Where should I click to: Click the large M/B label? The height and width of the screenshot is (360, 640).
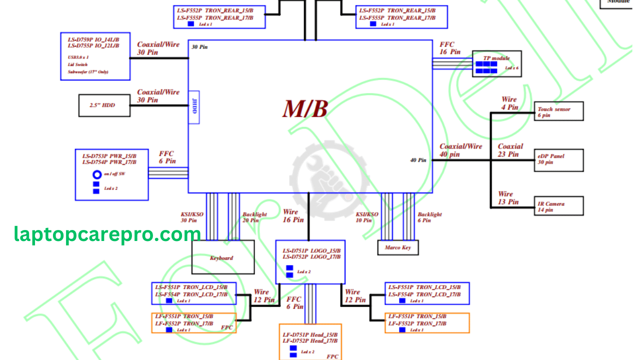point(305,109)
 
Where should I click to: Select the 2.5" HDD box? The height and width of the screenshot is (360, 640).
point(104,105)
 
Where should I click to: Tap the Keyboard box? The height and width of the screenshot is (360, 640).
point(223,257)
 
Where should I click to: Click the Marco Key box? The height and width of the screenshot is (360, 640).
point(397,247)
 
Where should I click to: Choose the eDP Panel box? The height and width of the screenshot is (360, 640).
point(558,159)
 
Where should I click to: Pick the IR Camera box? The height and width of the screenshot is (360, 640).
point(558,206)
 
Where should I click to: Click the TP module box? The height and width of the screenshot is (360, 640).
point(497,63)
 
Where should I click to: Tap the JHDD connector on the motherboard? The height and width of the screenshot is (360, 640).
point(194,106)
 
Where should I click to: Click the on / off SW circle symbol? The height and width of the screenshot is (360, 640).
point(96,174)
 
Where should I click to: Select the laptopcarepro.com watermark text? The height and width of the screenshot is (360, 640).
point(107,234)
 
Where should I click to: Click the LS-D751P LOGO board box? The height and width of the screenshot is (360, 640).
point(310,262)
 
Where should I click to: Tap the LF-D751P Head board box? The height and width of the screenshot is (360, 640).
point(310,341)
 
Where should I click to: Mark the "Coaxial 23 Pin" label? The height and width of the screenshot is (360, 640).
point(510,150)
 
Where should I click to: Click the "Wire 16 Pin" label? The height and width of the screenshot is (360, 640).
point(293,216)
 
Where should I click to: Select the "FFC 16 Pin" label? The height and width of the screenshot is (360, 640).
point(450,48)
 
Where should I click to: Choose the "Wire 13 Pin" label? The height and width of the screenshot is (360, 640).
point(508,198)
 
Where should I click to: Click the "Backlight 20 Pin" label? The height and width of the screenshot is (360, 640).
point(254,217)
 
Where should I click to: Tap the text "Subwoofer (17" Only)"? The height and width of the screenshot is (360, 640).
point(88,72)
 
